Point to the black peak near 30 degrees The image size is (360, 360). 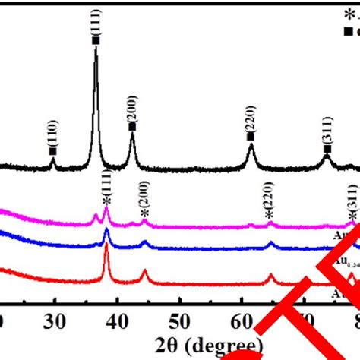(x=53, y=158)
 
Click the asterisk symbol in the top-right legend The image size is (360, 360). (x=349, y=14)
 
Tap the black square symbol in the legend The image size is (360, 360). (x=349, y=32)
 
